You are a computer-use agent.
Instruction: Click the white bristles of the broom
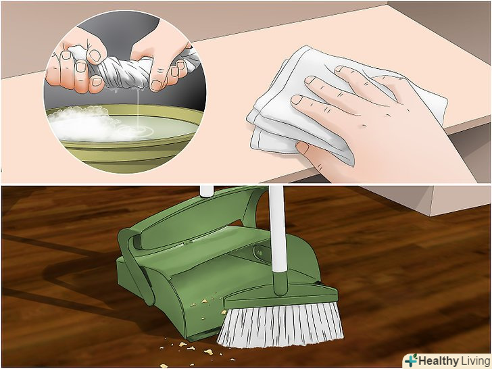point(280,325)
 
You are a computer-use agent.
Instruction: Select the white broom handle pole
point(278,228)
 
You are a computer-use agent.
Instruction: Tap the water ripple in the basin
point(138,131)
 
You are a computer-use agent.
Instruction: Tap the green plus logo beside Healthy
point(411,360)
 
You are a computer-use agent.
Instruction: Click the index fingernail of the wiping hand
point(296,100)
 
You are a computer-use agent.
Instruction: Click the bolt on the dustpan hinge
point(260,251)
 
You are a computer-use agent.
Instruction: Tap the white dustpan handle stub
point(207,191)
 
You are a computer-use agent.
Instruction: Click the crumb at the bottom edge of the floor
point(164,366)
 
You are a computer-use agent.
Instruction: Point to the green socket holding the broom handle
point(280,283)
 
